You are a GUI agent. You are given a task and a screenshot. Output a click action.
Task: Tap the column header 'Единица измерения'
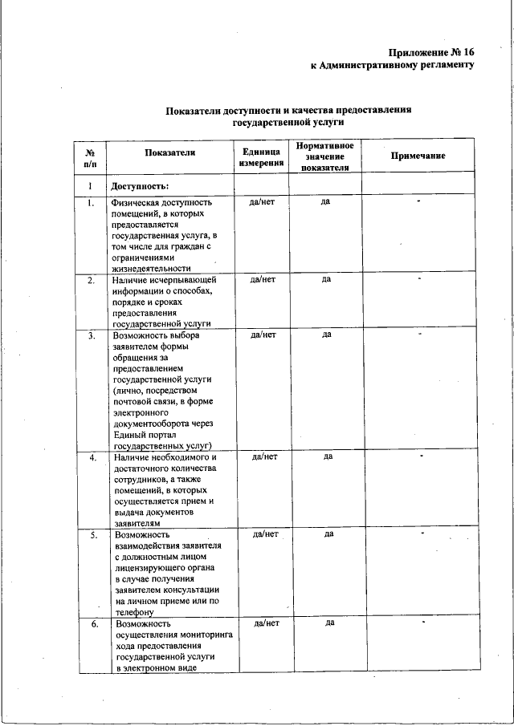pyautogui.click(x=260, y=156)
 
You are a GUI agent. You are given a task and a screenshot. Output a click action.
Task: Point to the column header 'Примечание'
pyautogui.click(x=418, y=156)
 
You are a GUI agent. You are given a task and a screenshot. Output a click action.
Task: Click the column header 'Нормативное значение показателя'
pyautogui.click(x=324, y=156)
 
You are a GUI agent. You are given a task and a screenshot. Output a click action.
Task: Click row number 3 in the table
pyautogui.click(x=92, y=335)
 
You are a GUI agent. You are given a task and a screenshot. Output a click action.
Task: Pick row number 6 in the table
pyautogui.click(x=93, y=623)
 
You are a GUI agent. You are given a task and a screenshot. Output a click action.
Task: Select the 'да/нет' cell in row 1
pyautogui.click(x=263, y=202)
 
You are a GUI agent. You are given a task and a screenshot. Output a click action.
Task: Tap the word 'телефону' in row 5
pyautogui.click(x=139, y=610)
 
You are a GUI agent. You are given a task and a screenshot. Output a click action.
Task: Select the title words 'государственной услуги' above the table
pyautogui.click(x=288, y=123)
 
